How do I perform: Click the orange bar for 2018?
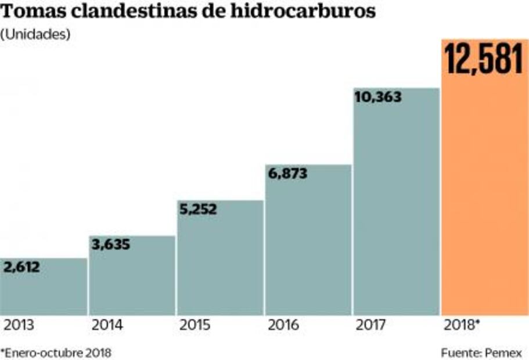point(485,192)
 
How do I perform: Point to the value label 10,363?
point(377,98)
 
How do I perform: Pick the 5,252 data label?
point(198,209)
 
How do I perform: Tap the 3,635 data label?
point(110,244)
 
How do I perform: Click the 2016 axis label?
point(283,325)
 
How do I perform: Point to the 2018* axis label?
point(461,325)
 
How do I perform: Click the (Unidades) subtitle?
point(35,34)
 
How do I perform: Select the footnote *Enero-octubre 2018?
point(56,352)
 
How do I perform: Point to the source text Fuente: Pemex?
point(481,352)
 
